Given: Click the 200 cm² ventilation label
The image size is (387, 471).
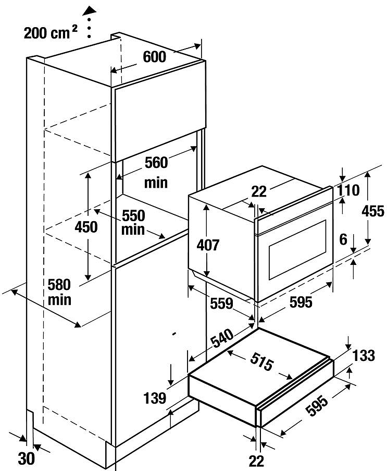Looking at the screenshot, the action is (x=51, y=32).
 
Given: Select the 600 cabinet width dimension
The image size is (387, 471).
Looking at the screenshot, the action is (x=155, y=57).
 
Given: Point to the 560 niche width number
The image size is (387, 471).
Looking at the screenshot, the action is (x=156, y=163).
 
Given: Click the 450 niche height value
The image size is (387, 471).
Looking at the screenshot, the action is (x=86, y=227).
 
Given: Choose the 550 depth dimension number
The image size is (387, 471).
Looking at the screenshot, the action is (x=133, y=215).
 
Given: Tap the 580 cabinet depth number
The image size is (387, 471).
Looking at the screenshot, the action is (x=59, y=285).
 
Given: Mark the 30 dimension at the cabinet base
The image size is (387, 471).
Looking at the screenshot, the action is (x=27, y=458).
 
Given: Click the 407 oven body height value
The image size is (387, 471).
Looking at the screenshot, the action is (x=208, y=245).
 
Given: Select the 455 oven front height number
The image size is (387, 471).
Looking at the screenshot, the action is (x=373, y=211).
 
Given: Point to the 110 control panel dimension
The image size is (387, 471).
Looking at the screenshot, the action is (x=348, y=190).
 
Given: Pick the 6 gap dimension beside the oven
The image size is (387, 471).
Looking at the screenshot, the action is (x=343, y=239).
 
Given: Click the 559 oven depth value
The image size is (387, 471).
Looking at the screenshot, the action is (x=221, y=304).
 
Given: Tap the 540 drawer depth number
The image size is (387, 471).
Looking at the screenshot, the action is (x=222, y=338).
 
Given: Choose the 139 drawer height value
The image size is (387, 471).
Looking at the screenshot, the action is (x=155, y=398).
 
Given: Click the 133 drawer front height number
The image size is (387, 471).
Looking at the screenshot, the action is (x=364, y=356).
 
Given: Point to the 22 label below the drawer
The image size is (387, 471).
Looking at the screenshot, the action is (x=256, y=461).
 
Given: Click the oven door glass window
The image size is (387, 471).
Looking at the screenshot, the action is (x=297, y=250).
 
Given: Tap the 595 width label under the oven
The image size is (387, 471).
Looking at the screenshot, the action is (x=301, y=302).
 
